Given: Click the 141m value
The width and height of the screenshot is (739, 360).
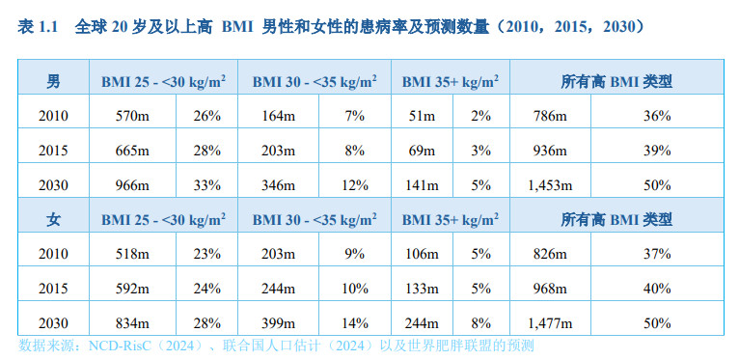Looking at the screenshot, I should pos(423,184).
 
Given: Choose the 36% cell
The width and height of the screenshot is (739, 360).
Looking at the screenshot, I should pos(657,117).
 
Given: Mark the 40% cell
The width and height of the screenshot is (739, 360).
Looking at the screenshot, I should pos(657,288).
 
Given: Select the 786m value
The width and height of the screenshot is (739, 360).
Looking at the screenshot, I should pos(550,117).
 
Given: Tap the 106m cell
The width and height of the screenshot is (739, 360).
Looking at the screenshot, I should pos(423,254).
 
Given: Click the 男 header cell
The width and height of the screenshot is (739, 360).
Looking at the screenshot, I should pos(53,82).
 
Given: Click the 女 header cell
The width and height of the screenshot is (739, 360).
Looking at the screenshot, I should pos(53,219).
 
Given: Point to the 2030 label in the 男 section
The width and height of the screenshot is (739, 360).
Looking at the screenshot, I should pos(53,184).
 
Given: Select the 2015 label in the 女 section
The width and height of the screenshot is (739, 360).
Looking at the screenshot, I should pos(53,288).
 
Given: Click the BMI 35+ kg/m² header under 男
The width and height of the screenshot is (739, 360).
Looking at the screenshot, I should pos(450,82).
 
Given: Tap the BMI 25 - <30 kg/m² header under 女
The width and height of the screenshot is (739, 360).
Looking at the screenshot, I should pos(164,219).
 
